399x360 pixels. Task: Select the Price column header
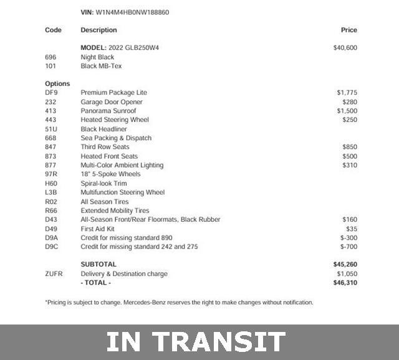(x=349, y=30)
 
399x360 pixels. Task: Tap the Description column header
(x=99, y=30)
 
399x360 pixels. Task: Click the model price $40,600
(x=345, y=47)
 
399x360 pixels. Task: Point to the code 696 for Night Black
(x=50, y=57)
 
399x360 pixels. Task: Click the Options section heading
(x=57, y=83)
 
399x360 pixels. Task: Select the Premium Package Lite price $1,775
(x=347, y=93)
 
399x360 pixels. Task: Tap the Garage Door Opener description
(x=112, y=102)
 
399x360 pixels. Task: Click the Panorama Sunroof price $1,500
(x=347, y=111)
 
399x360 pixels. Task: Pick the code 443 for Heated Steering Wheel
(x=50, y=120)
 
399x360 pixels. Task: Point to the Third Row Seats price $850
(x=350, y=147)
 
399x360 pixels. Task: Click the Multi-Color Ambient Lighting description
(x=122, y=165)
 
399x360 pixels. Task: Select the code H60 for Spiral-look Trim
(x=50, y=184)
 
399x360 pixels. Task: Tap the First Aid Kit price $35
(x=352, y=229)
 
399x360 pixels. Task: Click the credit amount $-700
(x=349, y=247)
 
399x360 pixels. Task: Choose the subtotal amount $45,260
(x=345, y=264)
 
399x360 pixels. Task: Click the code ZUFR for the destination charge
(x=54, y=273)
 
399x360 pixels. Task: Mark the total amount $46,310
(x=345, y=283)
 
